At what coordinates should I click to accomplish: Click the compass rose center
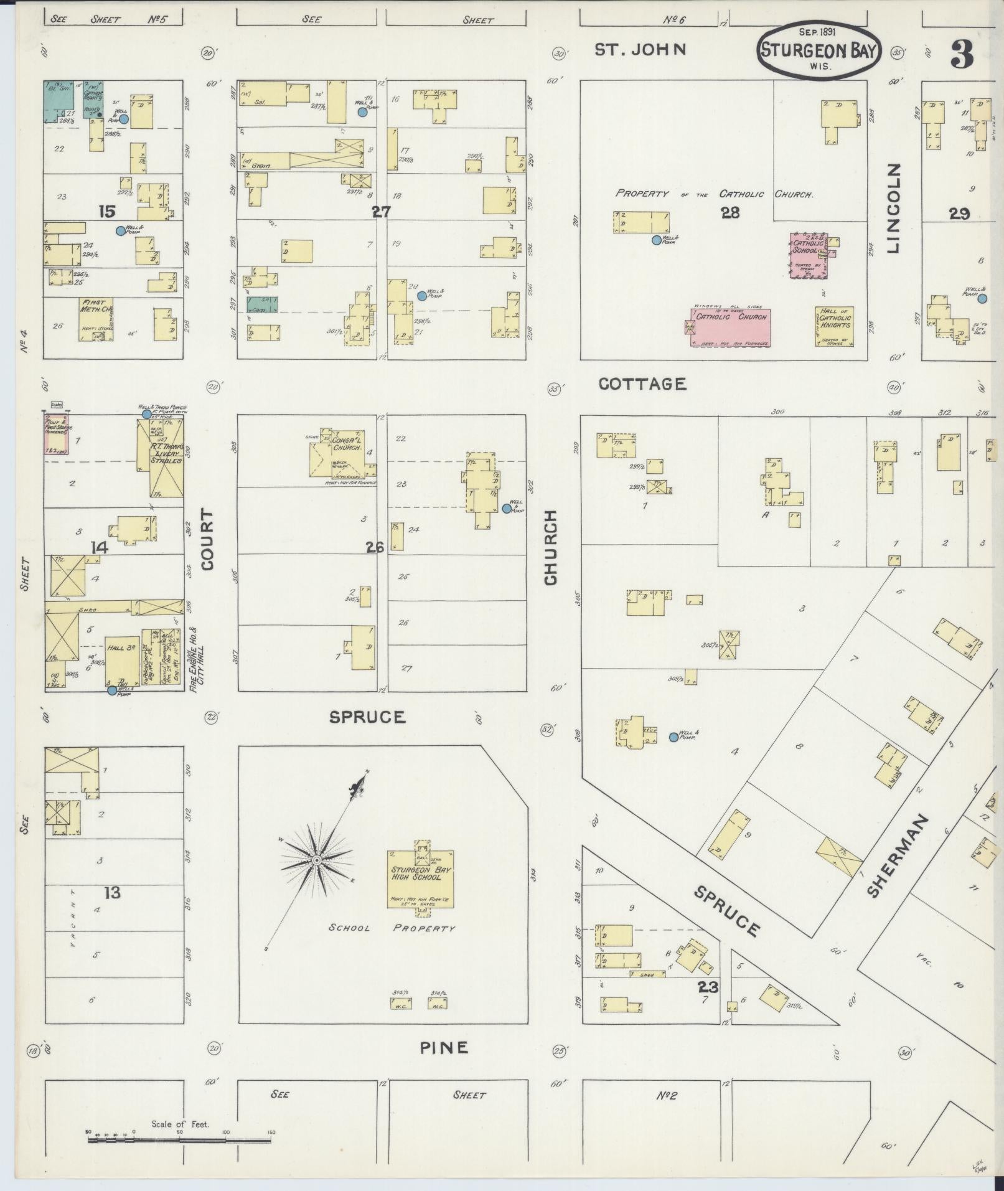pos(316,860)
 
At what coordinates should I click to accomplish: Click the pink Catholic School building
pos(809,256)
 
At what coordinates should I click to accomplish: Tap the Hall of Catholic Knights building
pos(834,326)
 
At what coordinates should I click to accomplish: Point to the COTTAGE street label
pos(642,384)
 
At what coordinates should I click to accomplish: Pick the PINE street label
pos(443,1048)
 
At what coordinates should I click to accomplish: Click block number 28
pos(730,213)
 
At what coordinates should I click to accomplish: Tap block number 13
pos(112,893)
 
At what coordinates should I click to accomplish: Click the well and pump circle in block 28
pos(656,240)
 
